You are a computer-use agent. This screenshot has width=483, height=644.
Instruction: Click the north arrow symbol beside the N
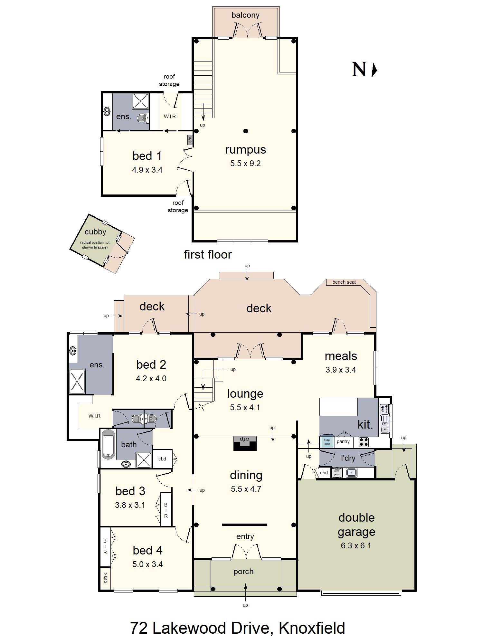tap(374, 70)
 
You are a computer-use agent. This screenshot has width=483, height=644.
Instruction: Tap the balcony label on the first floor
tap(245, 15)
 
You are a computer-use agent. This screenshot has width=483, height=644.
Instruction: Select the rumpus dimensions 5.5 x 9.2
tap(245, 164)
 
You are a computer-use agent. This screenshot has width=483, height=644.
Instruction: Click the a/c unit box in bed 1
tap(190, 139)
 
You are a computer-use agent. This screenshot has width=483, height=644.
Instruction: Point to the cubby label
tap(95, 232)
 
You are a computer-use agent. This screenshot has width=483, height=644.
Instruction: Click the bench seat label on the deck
tap(344, 282)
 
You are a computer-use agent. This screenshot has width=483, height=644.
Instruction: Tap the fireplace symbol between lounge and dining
tap(245, 443)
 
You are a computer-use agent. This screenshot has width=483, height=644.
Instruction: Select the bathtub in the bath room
tap(109, 444)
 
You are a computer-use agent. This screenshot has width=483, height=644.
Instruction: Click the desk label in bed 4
tap(105, 578)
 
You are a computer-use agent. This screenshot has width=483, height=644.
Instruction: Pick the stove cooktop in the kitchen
tap(364, 442)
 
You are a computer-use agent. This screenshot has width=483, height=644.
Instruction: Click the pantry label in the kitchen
tap(343, 441)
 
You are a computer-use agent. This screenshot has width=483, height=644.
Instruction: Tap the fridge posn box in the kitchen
tap(327, 442)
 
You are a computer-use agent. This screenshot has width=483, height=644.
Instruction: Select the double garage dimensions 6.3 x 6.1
tap(356, 545)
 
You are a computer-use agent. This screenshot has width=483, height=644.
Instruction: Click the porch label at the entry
tap(243, 571)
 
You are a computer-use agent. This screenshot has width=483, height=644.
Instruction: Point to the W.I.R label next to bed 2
tap(94, 416)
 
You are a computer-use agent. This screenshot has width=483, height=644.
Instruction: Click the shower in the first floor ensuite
tap(141, 101)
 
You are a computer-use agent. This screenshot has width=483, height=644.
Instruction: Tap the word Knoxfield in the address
tap(312, 628)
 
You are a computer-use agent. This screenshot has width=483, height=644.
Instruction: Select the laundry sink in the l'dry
tap(351, 473)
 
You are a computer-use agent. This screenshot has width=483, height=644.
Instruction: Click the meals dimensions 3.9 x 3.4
tap(340, 370)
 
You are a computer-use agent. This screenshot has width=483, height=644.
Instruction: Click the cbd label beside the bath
tap(162, 459)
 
